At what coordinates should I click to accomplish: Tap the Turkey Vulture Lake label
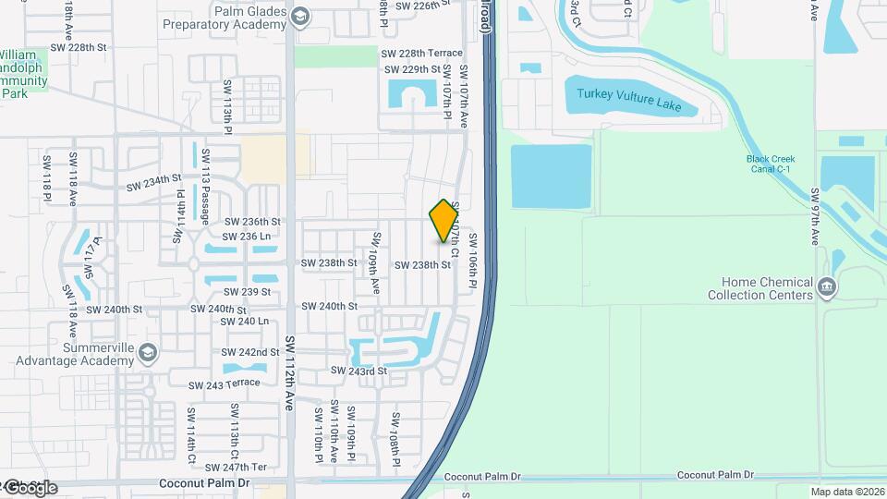(x=628, y=100)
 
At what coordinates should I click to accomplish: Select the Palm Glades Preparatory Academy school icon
(x=300, y=16)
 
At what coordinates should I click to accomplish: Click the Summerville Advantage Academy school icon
(x=149, y=352)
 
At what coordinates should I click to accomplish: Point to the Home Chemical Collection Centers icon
(x=827, y=288)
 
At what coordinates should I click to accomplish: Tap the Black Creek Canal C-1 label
(x=771, y=164)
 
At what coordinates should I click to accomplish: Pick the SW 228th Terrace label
(x=422, y=55)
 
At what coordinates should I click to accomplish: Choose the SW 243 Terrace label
(x=224, y=384)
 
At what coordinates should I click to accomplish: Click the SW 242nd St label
(x=250, y=352)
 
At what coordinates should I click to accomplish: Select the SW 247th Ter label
(x=237, y=467)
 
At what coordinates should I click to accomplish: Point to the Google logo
(x=31, y=488)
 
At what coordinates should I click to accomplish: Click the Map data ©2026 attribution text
(x=848, y=492)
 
